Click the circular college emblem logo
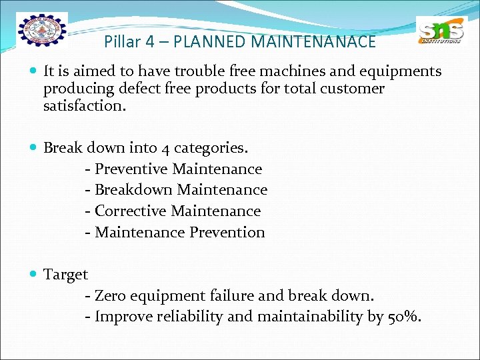coord(42,31)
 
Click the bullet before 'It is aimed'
coord(33,71)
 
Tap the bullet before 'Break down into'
coord(33,148)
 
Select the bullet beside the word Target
coord(33,274)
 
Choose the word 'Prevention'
coord(227,232)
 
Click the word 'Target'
coord(65,274)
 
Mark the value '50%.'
coord(404,317)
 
